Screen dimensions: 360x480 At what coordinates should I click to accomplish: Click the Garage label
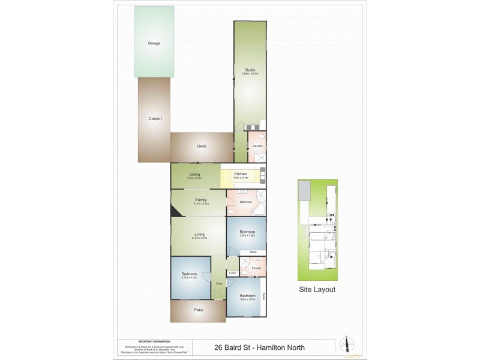(x=154, y=43)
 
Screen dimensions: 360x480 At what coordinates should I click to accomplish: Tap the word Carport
(x=155, y=119)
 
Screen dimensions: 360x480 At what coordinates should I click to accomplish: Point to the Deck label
(x=202, y=146)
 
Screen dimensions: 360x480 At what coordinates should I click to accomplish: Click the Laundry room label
(x=257, y=146)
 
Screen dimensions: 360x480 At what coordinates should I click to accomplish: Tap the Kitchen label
(x=241, y=173)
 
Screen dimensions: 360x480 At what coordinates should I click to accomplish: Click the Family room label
(x=202, y=200)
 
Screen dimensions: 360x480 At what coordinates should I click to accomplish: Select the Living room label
(x=199, y=234)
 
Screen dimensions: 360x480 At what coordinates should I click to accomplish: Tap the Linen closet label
(x=233, y=273)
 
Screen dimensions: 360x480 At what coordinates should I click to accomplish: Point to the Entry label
(x=220, y=283)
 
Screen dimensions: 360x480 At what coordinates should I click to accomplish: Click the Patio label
(x=198, y=310)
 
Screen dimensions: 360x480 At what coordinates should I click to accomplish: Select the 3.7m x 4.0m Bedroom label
(x=189, y=275)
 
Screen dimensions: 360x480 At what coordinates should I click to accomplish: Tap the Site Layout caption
(x=317, y=289)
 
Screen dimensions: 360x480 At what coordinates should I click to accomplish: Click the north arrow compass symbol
(x=346, y=344)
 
